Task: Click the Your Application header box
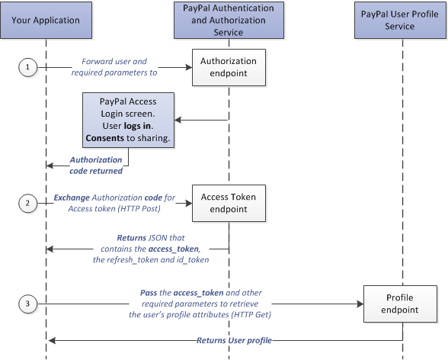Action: (46, 21)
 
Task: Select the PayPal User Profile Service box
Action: (400, 21)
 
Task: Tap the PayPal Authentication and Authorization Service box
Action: (229, 21)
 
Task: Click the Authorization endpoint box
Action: (229, 67)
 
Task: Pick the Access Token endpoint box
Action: (229, 204)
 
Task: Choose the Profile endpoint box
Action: (400, 304)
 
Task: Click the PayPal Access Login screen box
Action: (128, 120)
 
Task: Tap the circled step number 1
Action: (27, 67)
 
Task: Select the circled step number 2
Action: (27, 204)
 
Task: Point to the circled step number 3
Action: (27, 304)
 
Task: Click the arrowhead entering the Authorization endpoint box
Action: (189, 67)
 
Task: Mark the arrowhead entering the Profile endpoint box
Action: (360, 304)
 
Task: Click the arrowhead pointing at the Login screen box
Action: (178, 120)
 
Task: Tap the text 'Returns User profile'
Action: (234, 340)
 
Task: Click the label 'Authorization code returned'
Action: (96, 166)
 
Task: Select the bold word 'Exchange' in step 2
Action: (72, 198)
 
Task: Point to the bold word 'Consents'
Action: (104, 138)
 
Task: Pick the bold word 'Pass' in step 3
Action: (149, 293)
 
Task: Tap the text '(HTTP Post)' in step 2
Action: (139, 209)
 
